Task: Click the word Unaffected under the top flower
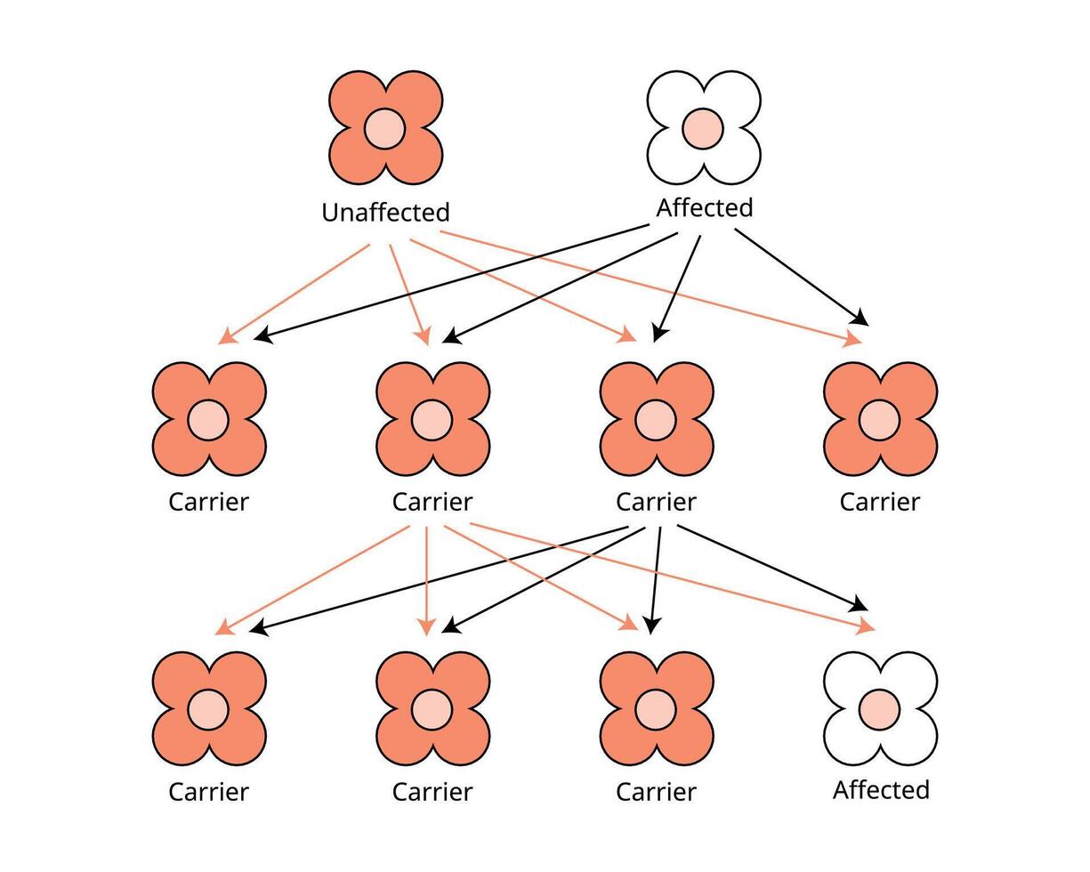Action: click(385, 213)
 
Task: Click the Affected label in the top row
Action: click(705, 208)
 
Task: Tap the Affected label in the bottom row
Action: click(881, 790)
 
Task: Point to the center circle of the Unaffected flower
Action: click(385, 129)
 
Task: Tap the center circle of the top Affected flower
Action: click(704, 129)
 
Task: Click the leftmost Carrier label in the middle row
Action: click(209, 502)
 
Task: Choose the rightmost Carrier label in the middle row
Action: click(880, 502)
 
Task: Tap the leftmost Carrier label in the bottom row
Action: click(209, 792)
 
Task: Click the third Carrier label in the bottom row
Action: click(656, 792)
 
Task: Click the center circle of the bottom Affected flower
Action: click(880, 709)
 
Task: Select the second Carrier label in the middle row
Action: click(432, 502)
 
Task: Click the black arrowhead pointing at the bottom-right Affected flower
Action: click(860, 605)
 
